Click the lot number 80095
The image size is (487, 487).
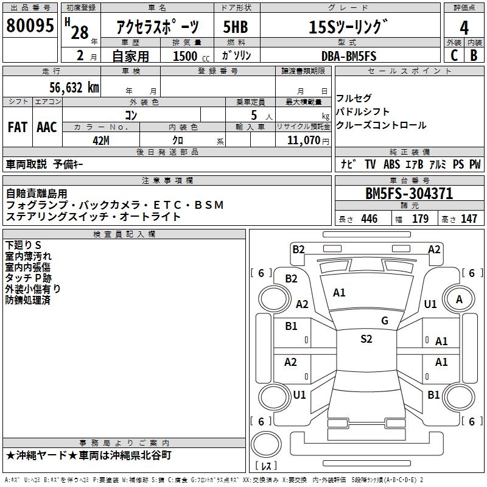coord(30,26)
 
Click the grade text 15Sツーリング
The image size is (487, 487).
coord(348,27)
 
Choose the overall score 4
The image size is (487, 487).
coord(464,27)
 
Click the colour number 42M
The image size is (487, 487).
coord(101,140)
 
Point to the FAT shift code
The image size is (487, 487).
coord(18,127)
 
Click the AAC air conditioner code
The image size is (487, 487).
coord(47,127)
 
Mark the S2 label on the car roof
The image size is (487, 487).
coord(366,339)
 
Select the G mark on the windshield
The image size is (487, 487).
coord(384,321)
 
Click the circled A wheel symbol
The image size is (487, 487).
coord(459,299)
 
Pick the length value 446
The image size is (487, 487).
coord(369,219)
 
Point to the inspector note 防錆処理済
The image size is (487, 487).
coord(27,300)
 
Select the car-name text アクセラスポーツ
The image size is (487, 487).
coord(158,27)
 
